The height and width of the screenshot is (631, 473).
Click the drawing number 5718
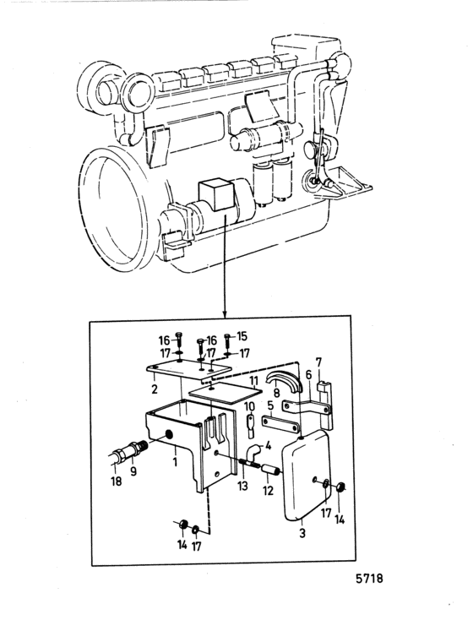pyautogui.click(x=369, y=579)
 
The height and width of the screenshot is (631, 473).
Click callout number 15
pyautogui.click(x=242, y=336)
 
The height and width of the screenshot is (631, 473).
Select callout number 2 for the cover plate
pyautogui.click(x=155, y=389)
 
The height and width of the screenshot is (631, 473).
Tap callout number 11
pyautogui.click(x=253, y=380)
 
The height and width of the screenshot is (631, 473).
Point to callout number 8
pyautogui.click(x=276, y=392)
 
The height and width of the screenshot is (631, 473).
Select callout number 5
pyautogui.click(x=270, y=405)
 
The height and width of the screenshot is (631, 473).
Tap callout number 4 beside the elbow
pyautogui.click(x=268, y=446)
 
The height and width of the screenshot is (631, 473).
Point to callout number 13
pyautogui.click(x=242, y=486)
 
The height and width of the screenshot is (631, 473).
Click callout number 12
pyautogui.click(x=268, y=491)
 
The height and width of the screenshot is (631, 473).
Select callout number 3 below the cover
pyautogui.click(x=302, y=533)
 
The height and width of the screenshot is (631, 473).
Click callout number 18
pyautogui.click(x=116, y=481)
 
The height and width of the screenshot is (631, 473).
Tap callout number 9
pyautogui.click(x=133, y=471)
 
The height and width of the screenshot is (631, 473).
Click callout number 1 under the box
pyautogui.click(x=175, y=461)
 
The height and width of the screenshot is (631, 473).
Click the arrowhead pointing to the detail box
pyautogui.click(x=225, y=313)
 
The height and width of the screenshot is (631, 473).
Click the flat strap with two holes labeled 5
pyautogui.click(x=280, y=423)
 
